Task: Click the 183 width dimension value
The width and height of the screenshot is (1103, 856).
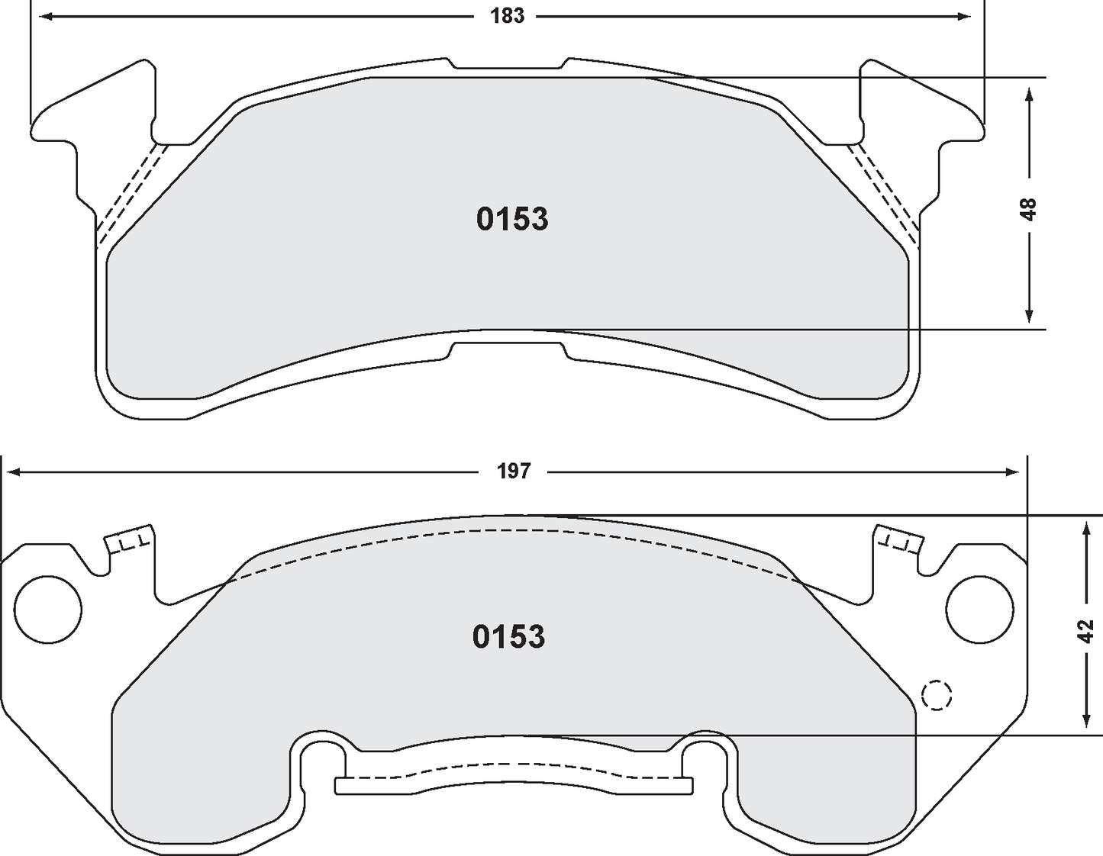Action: pyautogui.click(x=508, y=16)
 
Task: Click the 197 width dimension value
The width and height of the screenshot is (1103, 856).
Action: pyautogui.click(x=514, y=471)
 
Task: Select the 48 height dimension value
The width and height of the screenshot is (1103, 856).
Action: pyautogui.click(x=1029, y=208)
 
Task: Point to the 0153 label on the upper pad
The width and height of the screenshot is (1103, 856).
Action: pyautogui.click(x=512, y=219)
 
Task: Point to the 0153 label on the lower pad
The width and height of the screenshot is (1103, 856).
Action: pyautogui.click(x=509, y=636)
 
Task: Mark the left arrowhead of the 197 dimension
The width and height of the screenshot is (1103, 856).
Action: pyautogui.click(x=12, y=472)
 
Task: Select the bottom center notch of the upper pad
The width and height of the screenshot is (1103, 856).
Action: pyautogui.click(x=508, y=350)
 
